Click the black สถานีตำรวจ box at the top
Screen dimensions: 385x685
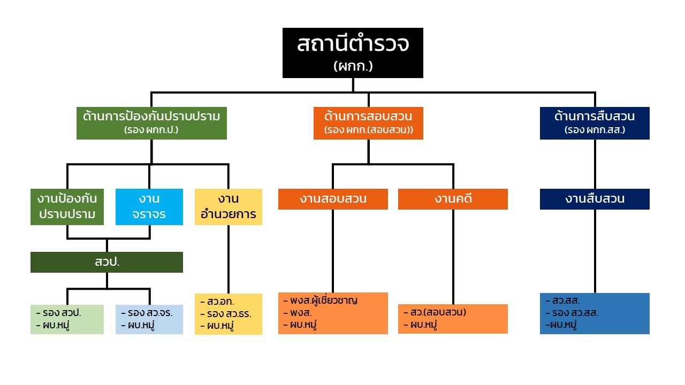click(353, 52)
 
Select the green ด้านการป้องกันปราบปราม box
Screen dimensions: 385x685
click(151, 123)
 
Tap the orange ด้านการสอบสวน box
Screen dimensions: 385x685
click(368, 123)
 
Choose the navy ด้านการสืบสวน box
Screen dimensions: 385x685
click(595, 123)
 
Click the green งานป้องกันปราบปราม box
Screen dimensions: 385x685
click(67, 206)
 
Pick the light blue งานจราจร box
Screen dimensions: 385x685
click(149, 206)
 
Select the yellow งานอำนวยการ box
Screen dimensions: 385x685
click(228, 206)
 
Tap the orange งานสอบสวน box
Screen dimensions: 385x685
click(333, 199)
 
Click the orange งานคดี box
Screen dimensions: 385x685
click(453, 199)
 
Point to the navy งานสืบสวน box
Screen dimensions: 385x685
click(595, 199)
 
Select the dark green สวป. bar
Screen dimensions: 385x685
click(106, 262)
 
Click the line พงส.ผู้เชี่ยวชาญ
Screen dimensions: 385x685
click(324, 300)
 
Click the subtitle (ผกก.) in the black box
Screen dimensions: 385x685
click(353, 66)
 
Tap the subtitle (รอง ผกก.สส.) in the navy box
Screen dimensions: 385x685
click(595, 130)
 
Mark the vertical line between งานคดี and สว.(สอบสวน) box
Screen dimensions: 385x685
click(453, 257)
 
